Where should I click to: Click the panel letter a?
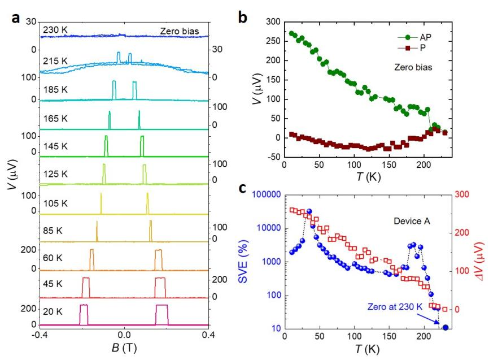click(17, 18)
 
